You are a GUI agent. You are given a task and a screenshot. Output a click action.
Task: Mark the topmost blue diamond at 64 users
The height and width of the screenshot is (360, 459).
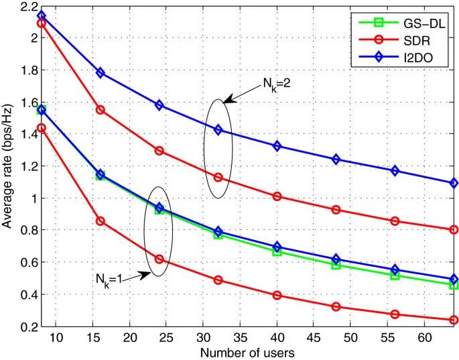click(x=454, y=183)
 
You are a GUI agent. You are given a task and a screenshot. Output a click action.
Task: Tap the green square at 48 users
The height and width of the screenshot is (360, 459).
click(x=336, y=265)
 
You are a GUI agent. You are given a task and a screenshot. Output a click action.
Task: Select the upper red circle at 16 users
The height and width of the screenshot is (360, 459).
click(x=101, y=109)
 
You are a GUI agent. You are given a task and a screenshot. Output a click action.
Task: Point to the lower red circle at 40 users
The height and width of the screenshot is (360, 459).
click(x=277, y=295)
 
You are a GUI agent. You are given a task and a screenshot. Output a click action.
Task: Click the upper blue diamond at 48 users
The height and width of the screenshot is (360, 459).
click(x=336, y=159)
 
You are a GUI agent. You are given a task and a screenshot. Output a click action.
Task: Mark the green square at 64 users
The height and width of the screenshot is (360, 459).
click(x=454, y=285)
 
